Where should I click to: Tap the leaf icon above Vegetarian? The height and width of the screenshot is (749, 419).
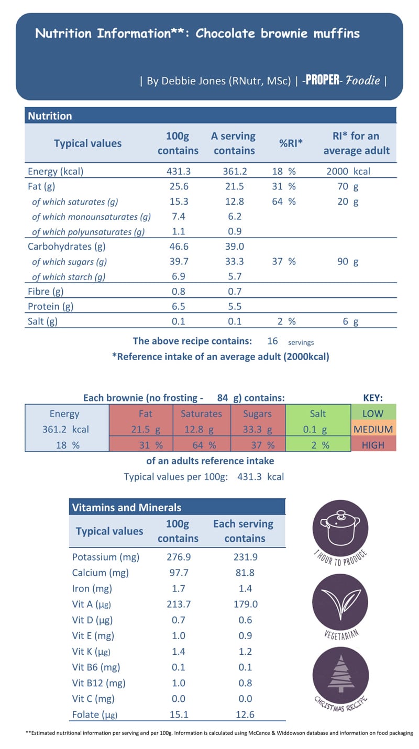point(338,603)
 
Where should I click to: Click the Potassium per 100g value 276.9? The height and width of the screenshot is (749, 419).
point(178,557)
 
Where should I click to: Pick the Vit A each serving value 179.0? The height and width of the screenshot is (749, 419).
point(245,604)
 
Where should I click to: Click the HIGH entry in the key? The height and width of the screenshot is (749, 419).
point(373,445)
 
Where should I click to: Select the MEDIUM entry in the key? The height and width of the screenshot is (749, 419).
point(373,429)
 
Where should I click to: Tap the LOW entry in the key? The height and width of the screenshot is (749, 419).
point(373,413)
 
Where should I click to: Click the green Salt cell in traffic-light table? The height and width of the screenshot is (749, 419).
point(317,413)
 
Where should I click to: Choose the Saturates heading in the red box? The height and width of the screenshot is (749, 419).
point(201,413)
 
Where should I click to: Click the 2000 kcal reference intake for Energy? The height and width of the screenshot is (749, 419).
point(348,171)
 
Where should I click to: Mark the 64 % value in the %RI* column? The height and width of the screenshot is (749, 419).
point(283,202)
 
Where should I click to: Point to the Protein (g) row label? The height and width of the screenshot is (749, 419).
point(50,307)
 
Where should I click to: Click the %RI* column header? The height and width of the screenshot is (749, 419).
point(291,143)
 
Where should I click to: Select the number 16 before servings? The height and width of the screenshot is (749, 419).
point(272,341)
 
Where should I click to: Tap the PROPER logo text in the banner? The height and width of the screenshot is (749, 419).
point(322,81)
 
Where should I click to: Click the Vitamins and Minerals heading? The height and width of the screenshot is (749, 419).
point(126,507)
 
